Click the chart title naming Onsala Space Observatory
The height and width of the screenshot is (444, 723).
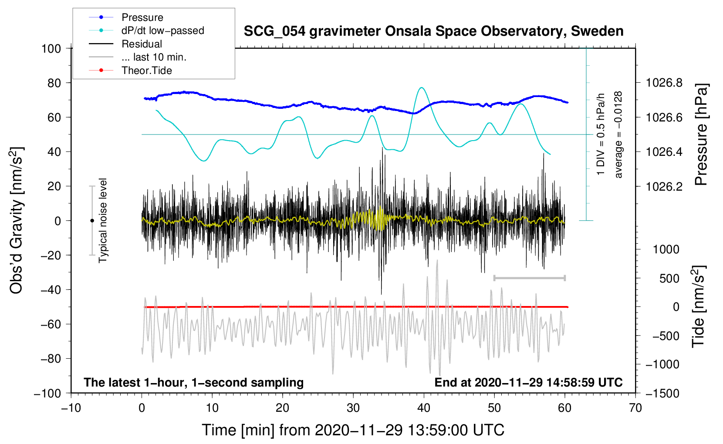433,31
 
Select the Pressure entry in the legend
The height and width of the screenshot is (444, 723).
142,17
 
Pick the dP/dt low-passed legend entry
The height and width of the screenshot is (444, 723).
162,30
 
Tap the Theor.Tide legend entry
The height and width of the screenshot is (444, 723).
146,71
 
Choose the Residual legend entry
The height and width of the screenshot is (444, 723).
142,44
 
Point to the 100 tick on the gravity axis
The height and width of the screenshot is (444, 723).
51,48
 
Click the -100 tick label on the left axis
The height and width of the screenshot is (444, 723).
47,393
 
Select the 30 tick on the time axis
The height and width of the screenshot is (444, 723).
353,408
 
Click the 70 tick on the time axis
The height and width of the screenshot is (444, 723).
635,408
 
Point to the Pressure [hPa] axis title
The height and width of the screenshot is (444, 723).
701,135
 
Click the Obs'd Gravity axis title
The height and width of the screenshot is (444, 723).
17,221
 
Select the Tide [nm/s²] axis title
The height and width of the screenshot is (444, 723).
699,307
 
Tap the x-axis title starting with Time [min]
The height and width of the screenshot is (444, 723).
353,430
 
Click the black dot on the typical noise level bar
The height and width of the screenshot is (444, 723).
92,221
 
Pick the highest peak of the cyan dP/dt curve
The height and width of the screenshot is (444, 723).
421,88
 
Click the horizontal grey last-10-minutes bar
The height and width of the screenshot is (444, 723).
529,278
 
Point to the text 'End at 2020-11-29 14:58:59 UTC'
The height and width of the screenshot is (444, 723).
528,382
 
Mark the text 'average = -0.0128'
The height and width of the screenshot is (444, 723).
618,135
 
